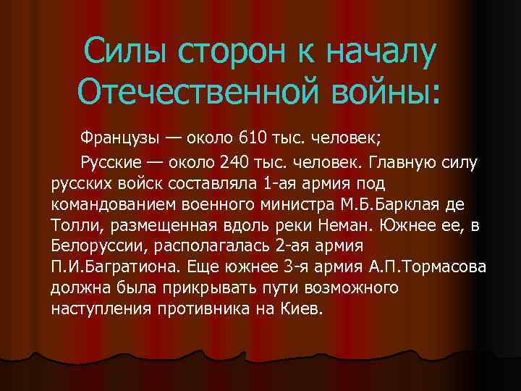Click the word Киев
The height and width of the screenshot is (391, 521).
[306, 308]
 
